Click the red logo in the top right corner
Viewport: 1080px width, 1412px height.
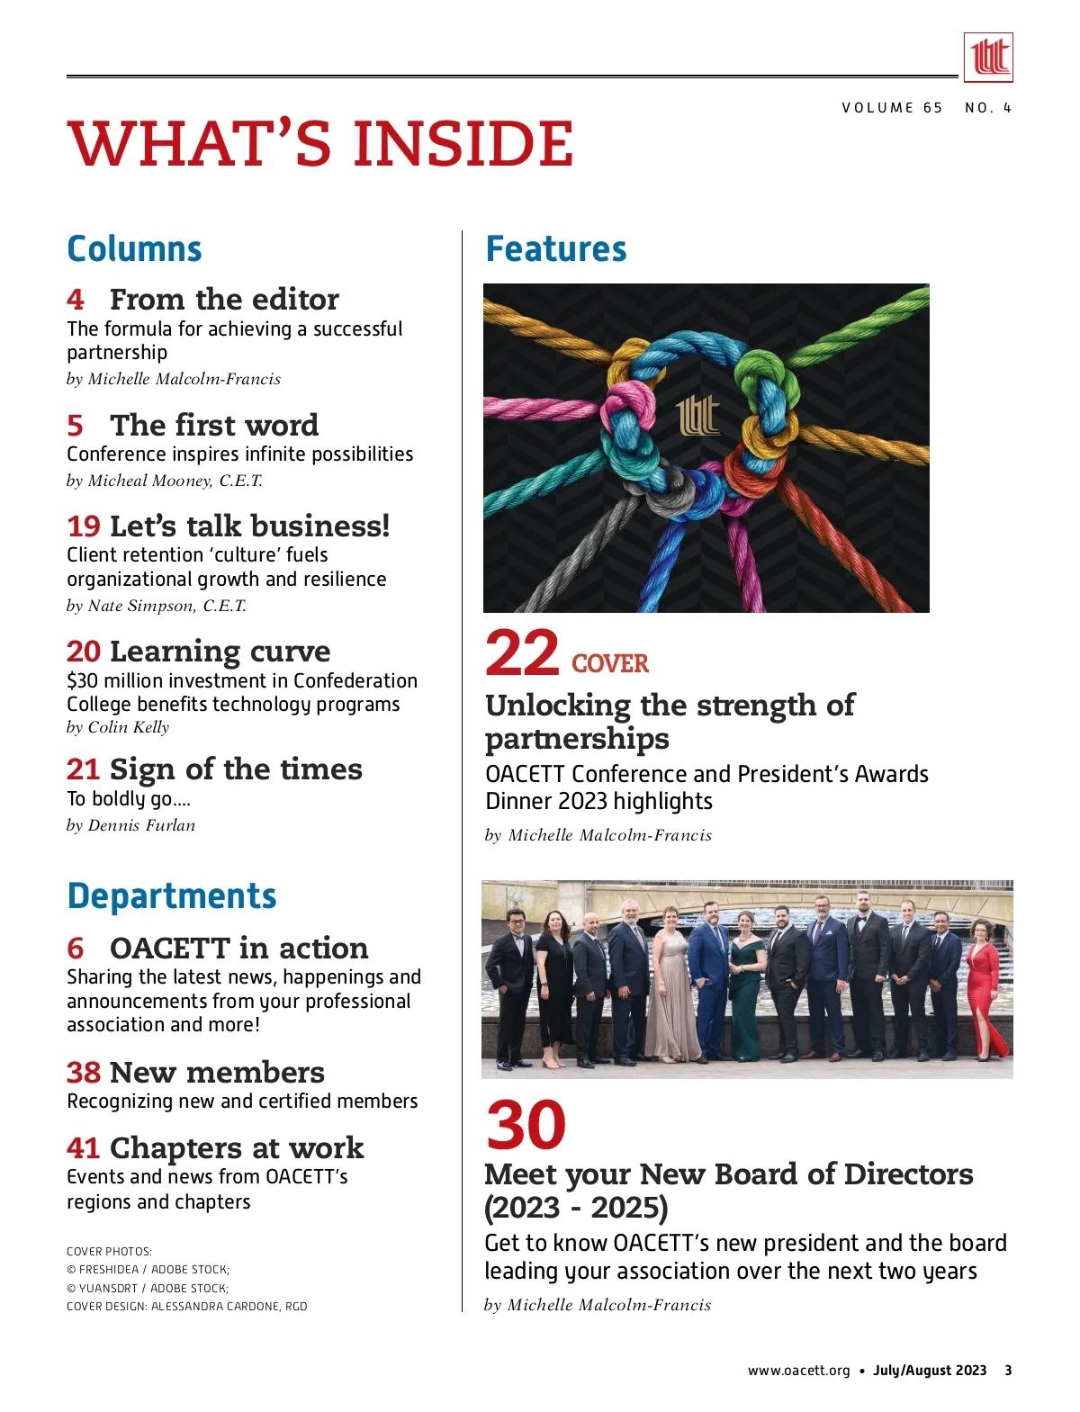click(988, 58)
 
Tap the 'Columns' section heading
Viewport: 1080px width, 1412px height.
click(134, 249)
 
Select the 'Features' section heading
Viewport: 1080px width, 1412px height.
click(555, 249)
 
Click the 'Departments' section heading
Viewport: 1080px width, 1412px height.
click(171, 896)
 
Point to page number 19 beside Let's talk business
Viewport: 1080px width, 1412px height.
click(83, 526)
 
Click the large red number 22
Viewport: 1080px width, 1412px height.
click(522, 654)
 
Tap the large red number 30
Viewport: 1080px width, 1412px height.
click(526, 1125)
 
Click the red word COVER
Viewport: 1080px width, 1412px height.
click(609, 664)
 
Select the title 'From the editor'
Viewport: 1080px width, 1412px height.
click(224, 299)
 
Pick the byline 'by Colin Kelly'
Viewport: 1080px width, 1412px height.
click(118, 727)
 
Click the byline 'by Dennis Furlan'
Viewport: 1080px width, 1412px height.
click(130, 825)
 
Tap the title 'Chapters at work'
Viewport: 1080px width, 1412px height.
click(236, 1148)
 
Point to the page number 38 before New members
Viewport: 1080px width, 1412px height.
click(83, 1073)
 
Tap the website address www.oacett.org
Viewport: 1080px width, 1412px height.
click(798, 1371)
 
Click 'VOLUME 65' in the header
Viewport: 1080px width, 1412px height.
click(892, 108)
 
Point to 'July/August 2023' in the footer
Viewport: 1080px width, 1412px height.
click(930, 1371)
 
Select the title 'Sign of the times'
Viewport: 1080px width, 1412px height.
click(236, 769)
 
